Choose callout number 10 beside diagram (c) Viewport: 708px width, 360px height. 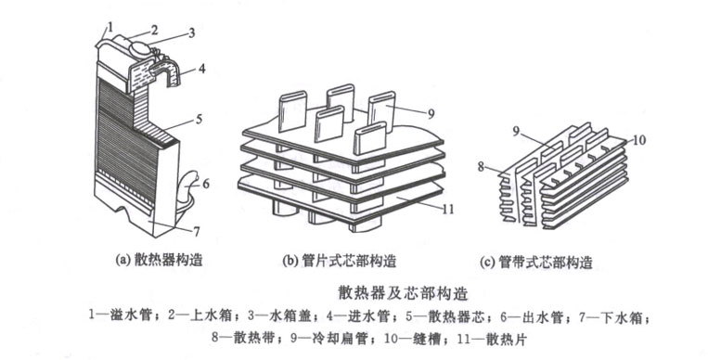point(638,139)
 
